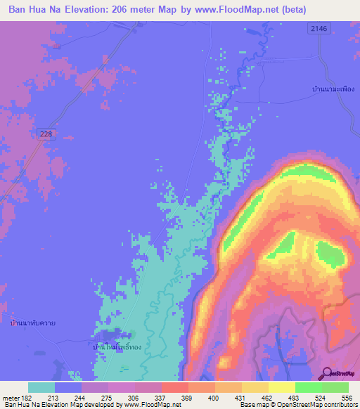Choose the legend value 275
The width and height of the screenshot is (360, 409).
[108, 397]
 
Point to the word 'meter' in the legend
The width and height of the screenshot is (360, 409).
[11, 397]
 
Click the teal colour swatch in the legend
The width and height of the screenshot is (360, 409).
[41, 387]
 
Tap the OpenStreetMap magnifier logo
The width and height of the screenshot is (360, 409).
[326, 374]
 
